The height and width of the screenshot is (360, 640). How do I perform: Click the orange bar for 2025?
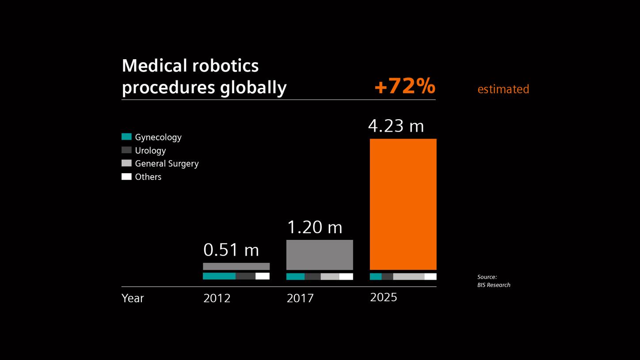[x=403, y=204]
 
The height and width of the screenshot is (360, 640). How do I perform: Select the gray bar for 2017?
[x=320, y=255]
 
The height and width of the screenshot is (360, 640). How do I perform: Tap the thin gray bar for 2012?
[x=236, y=266]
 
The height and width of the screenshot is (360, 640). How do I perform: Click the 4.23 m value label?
[x=396, y=126]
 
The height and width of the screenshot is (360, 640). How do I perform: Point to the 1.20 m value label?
[x=314, y=227]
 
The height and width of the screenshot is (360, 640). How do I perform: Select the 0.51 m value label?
[x=231, y=250]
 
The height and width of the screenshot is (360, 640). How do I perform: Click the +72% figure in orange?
[x=404, y=87]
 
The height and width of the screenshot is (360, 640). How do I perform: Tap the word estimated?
[x=503, y=89]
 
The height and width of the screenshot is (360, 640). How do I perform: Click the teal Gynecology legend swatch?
[x=126, y=137]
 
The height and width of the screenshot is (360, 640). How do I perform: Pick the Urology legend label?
[x=150, y=151]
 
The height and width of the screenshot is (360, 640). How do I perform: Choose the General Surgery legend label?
[x=167, y=164]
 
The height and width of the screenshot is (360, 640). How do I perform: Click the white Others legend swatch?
[x=126, y=177]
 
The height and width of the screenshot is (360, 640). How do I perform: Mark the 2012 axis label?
[x=217, y=299]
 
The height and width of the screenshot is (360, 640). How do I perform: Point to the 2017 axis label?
[x=300, y=299]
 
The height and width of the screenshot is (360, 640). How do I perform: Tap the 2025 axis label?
[x=383, y=298]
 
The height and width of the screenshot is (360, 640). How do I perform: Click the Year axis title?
[x=133, y=299]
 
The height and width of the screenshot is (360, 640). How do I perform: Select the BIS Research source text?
[x=493, y=285]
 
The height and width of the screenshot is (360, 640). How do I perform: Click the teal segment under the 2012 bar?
[x=219, y=276]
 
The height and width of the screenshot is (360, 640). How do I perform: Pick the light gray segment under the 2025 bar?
[x=408, y=277]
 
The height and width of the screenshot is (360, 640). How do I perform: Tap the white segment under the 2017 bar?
[x=346, y=277]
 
